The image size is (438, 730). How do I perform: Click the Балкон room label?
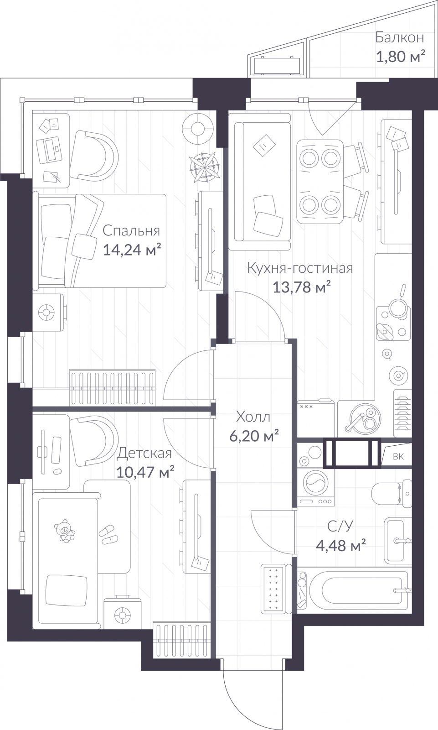(400, 37)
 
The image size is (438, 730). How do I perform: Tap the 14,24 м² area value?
(132, 250)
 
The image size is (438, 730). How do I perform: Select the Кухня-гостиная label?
(300, 268)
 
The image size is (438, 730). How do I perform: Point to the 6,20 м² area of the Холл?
(254, 436)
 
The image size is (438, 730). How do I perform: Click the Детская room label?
(144, 454)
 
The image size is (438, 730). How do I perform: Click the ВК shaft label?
(398, 457)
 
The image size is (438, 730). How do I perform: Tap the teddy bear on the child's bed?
(64, 531)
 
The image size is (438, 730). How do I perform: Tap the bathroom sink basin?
(395, 541)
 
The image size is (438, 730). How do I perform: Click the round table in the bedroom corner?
(198, 129)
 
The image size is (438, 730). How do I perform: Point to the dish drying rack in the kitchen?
(402, 413)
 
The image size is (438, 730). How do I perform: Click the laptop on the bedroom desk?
(49, 151)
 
